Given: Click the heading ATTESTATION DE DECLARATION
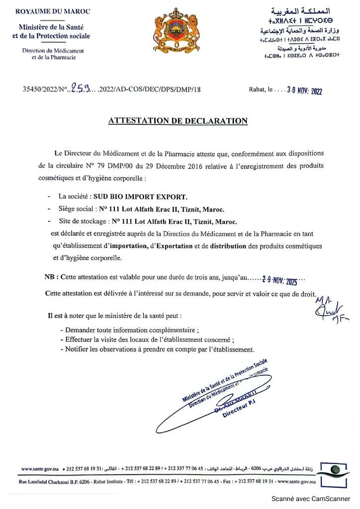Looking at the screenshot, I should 178,121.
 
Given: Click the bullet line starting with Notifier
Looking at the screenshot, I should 157,349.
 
